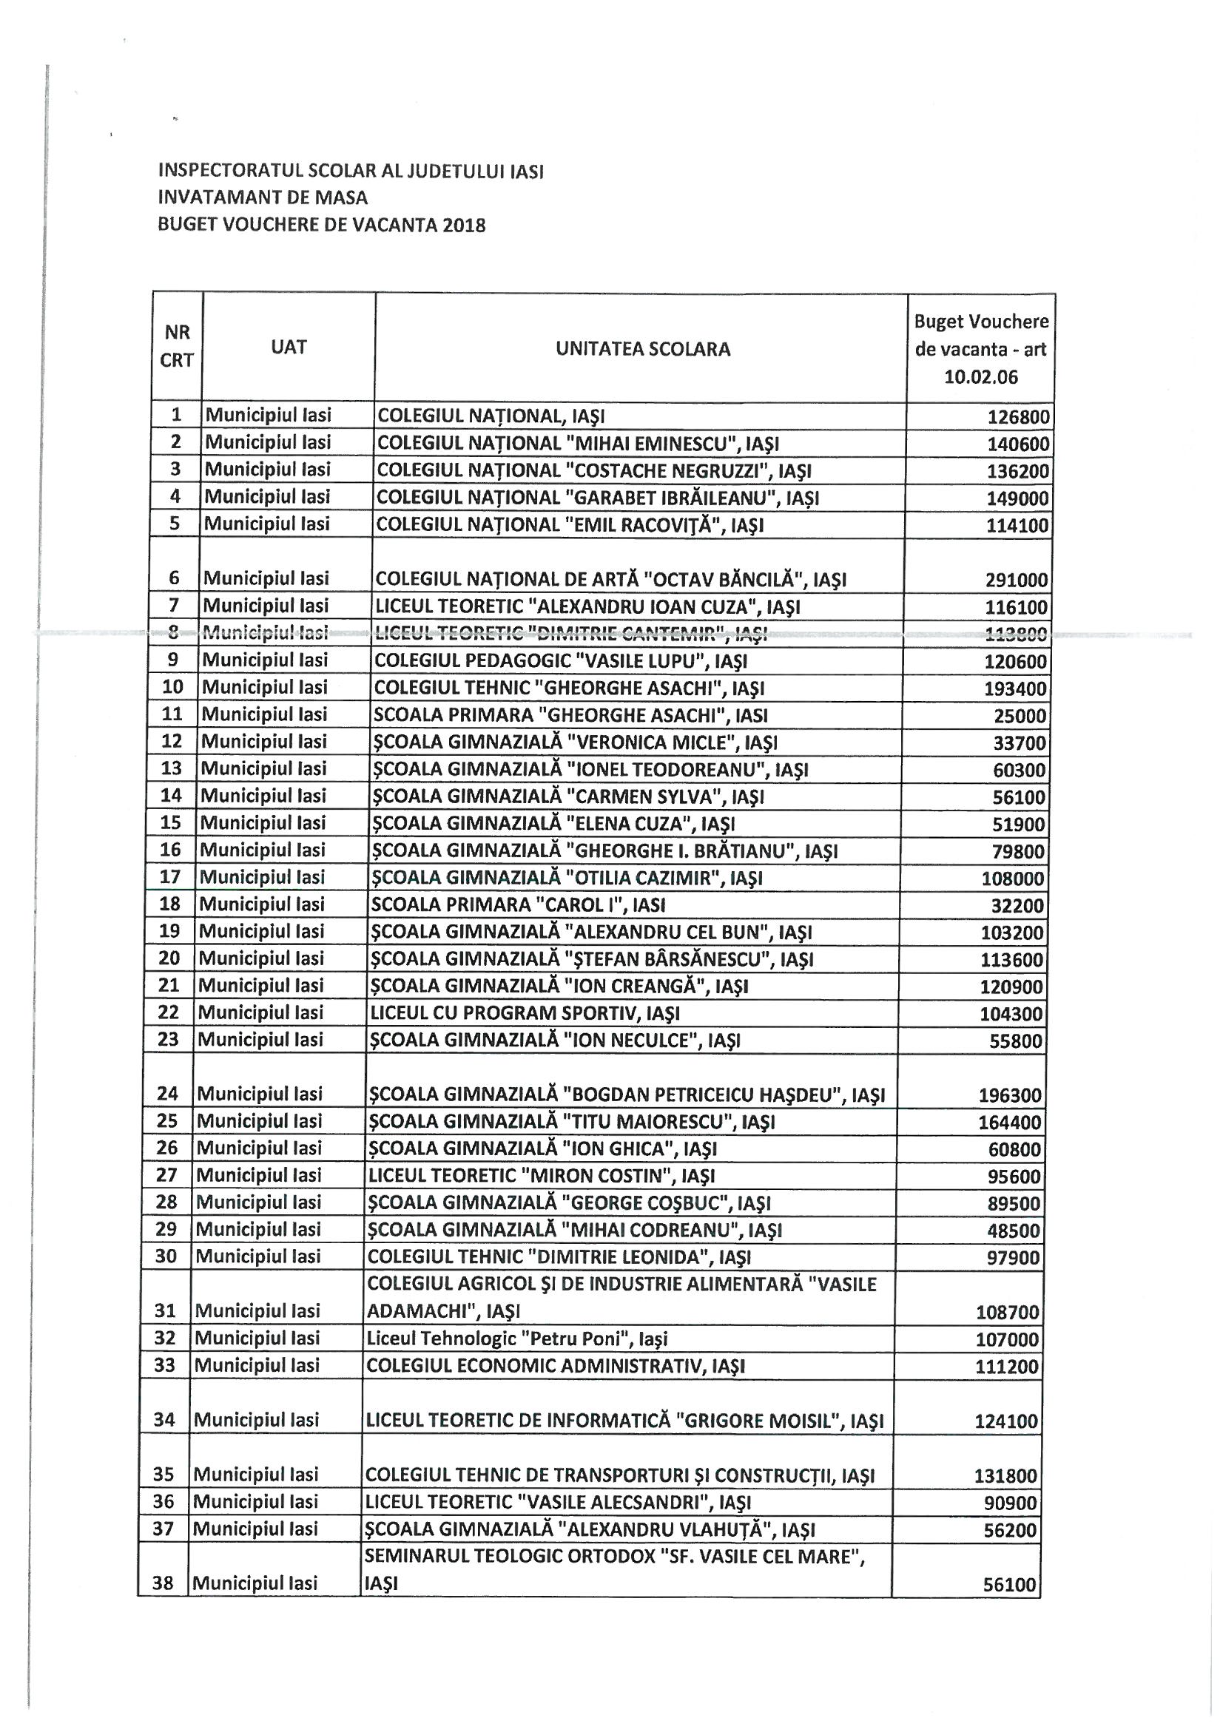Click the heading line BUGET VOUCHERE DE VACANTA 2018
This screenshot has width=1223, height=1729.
pyautogui.click(x=322, y=224)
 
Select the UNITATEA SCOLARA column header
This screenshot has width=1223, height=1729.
pyautogui.click(x=642, y=348)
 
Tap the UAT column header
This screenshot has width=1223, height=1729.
pyautogui.click(x=289, y=346)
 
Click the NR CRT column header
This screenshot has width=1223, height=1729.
pyautogui.click(x=177, y=345)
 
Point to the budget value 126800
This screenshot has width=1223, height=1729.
pyautogui.click(x=1017, y=417)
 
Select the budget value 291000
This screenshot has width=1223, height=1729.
pyautogui.click(x=1016, y=580)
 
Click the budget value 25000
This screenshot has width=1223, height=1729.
pyautogui.click(x=1020, y=716)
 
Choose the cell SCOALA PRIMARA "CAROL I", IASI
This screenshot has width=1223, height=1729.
pyautogui.click(x=519, y=904)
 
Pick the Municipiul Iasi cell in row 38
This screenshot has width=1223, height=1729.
pyautogui.click(x=255, y=1583)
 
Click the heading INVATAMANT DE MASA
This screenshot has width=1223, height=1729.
pyautogui.click(x=263, y=197)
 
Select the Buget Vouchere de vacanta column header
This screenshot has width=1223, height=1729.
pyautogui.click(x=980, y=348)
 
